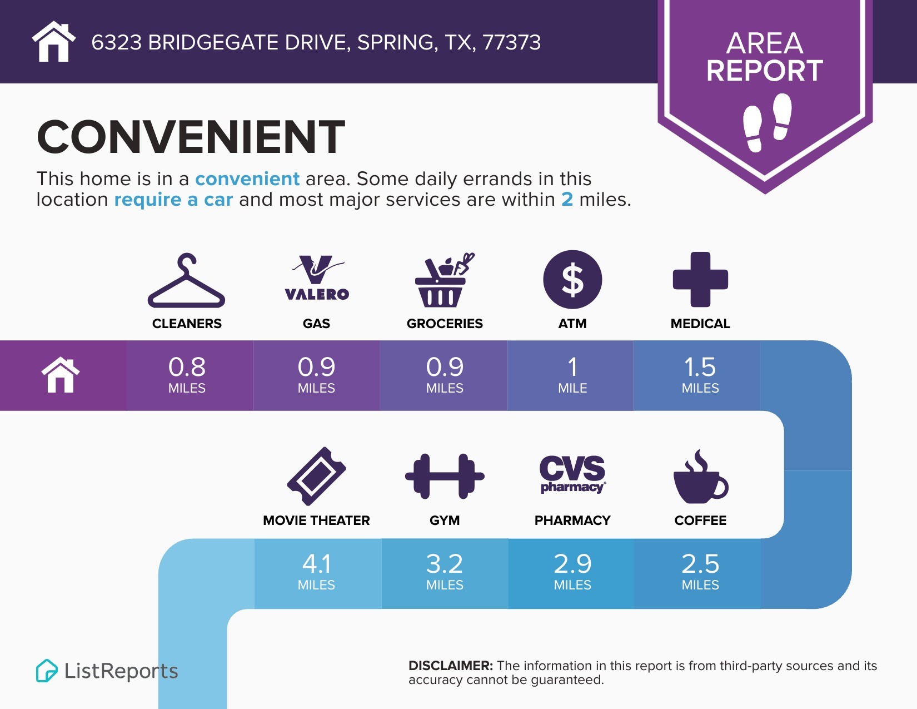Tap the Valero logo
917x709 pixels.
(317, 277)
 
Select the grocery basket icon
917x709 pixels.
(444, 280)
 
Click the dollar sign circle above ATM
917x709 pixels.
(572, 280)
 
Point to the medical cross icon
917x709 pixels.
(700, 280)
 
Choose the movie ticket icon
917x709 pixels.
(316, 476)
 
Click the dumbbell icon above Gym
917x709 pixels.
(445, 477)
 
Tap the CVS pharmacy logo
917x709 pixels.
(572, 474)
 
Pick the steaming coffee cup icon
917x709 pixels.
(700, 477)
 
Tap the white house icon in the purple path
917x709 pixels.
(61, 375)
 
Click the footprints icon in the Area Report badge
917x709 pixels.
(767, 122)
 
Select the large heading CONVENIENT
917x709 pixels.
(191, 136)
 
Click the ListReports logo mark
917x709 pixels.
(47, 671)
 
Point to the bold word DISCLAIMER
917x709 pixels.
(450, 666)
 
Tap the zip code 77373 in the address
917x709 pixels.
(511, 42)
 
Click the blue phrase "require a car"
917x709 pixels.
(173, 200)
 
